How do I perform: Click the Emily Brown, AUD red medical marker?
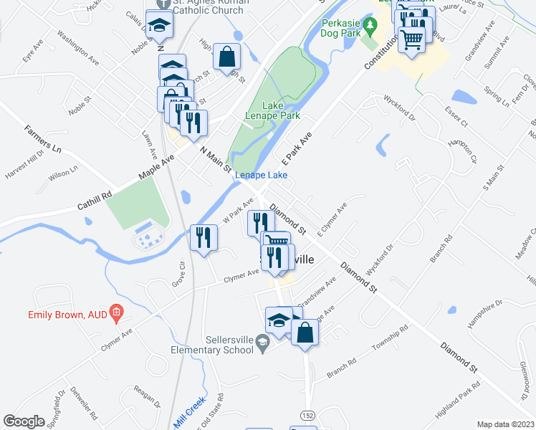click(119, 314)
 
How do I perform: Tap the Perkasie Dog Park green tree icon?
click(370, 28)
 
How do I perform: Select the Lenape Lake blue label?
click(262, 175)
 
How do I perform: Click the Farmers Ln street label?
click(43, 137)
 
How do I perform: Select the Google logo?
click(24, 421)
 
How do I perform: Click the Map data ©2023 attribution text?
click(505, 424)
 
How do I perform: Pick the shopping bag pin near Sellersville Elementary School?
click(305, 333)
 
